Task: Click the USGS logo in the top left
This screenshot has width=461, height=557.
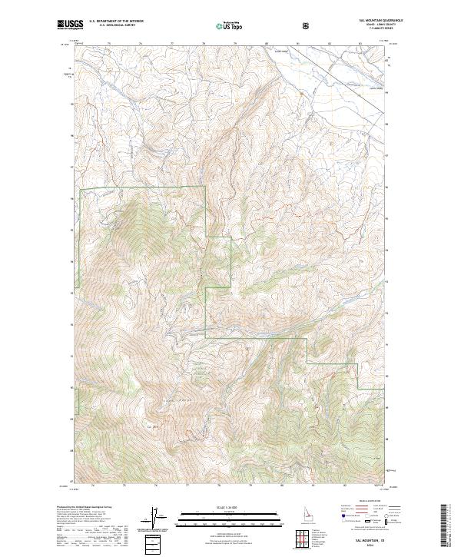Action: click(x=68, y=25)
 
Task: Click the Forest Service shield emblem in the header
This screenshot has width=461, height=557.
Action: click(x=308, y=25)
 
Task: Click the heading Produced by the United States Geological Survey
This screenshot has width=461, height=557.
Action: click(x=85, y=507)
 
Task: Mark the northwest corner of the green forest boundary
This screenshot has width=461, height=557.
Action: click(x=80, y=188)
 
